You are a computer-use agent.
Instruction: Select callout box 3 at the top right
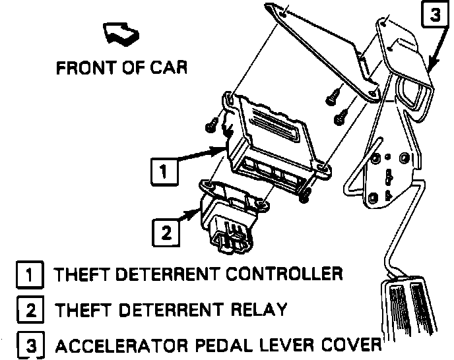coord(434,15)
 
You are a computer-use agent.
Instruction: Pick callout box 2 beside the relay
coord(166,231)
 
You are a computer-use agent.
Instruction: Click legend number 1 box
coord(30,274)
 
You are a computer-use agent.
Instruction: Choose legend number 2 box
coord(30,309)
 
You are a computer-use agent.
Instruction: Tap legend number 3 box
coord(30,345)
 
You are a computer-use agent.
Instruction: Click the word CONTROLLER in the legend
coord(284,274)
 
